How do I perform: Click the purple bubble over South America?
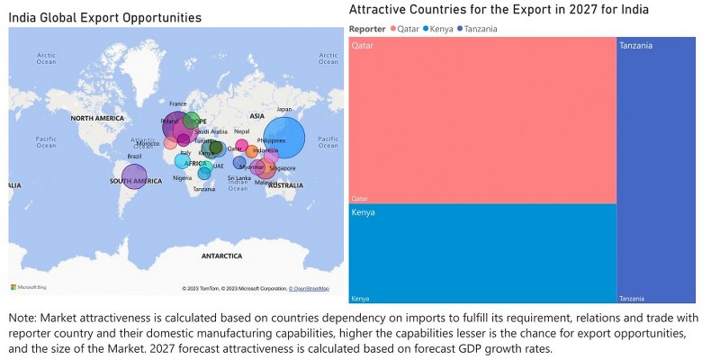coord(134,177)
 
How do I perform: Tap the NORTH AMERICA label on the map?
coord(97,119)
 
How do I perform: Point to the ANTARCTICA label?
coord(221,256)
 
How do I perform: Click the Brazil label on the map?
coord(135,157)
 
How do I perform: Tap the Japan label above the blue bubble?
coord(283,110)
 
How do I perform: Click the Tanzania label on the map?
coord(204,189)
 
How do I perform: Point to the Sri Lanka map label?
coord(238,178)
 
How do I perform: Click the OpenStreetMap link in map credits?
coord(309,289)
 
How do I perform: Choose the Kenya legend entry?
coord(440,29)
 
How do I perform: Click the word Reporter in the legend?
coord(367,29)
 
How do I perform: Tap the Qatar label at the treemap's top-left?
coord(363,45)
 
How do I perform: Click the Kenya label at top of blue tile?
coord(364,213)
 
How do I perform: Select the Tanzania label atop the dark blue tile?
coord(635,45)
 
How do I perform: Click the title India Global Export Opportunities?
coord(105,17)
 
